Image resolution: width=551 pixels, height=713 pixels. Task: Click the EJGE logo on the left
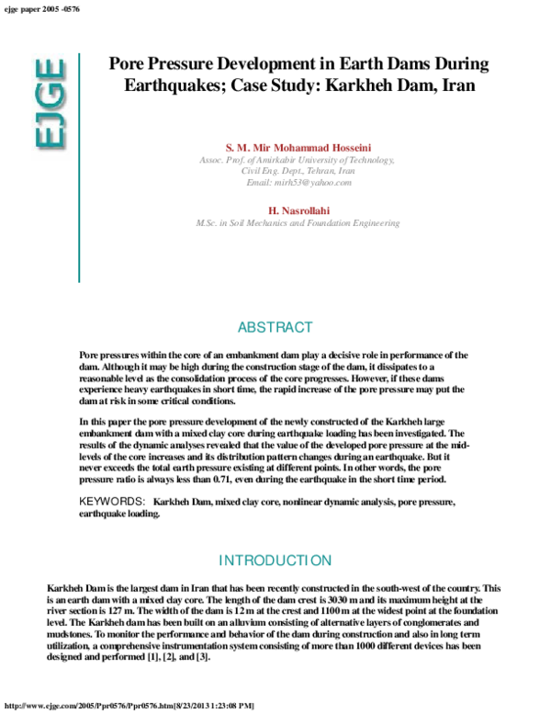pos(50,103)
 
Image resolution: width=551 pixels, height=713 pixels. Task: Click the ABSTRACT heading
pos(275,328)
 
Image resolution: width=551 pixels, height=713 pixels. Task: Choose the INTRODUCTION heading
pos(275,560)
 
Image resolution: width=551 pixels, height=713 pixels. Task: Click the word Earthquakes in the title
pos(166,88)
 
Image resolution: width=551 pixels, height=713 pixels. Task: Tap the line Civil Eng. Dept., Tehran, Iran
pos(298,171)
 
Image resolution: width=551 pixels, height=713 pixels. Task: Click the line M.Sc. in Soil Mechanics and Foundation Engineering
pos(298,223)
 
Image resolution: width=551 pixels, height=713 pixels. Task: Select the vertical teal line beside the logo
pos(79,165)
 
